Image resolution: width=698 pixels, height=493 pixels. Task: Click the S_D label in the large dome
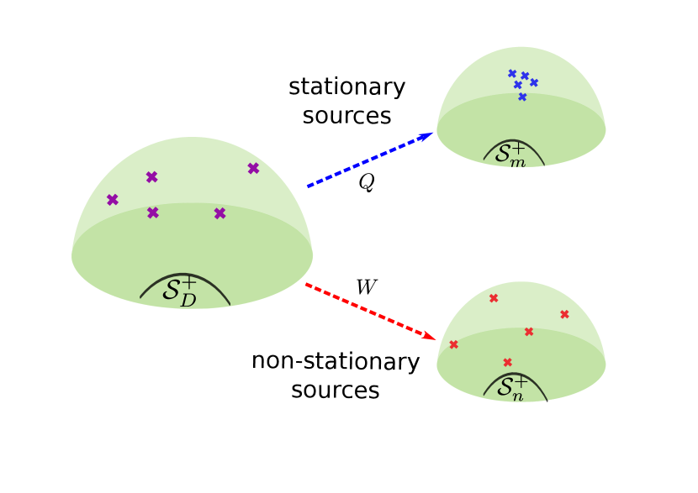coord(180,291)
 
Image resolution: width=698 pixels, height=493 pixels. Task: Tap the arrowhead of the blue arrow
coord(428,134)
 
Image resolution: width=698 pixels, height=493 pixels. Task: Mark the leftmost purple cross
coord(112,200)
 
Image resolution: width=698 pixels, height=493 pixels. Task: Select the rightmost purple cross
coord(253,169)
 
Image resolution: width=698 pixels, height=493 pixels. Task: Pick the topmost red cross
coord(494,298)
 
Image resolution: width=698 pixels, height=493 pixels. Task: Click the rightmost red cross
coord(564,315)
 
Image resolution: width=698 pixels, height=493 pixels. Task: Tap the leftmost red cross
coord(454,344)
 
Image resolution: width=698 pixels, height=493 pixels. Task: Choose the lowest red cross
coord(507,363)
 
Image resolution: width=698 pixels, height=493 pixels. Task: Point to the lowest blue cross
coord(522,97)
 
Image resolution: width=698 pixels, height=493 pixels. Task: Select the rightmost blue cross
coord(534,82)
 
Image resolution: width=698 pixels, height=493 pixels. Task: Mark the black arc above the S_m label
coord(513,141)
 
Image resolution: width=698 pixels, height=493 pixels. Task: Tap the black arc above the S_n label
coord(514,374)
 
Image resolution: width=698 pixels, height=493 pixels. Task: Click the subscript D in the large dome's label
coord(188,299)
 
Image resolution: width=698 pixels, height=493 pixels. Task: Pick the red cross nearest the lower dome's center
coord(529,332)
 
